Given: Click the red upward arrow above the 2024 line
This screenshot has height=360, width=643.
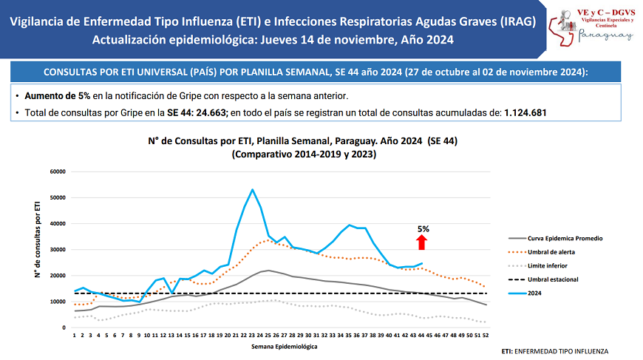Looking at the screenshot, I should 422,242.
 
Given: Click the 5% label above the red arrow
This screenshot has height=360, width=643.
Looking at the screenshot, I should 423,229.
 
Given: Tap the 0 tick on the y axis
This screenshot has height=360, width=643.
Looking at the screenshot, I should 64,327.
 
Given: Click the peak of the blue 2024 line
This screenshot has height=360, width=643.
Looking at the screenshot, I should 253,189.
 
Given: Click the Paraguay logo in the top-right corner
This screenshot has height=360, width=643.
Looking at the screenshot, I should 591,29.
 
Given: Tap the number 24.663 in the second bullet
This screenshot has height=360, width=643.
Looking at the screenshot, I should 208,112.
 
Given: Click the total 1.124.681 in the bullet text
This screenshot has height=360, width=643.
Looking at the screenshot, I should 525,112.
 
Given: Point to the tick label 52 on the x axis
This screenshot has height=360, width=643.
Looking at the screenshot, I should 485,334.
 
